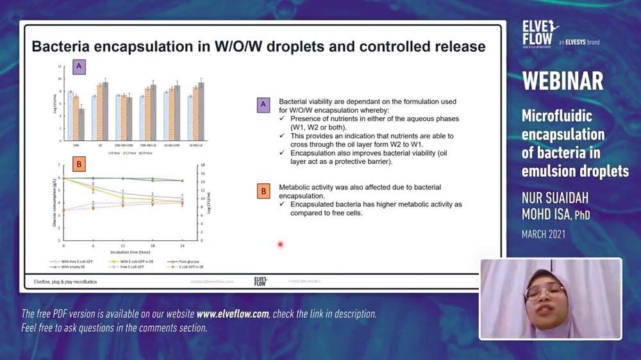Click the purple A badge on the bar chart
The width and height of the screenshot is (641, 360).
click(x=79, y=66)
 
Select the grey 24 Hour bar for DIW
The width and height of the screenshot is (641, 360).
click(x=81, y=124)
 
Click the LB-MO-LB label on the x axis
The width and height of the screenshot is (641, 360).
click(x=196, y=145)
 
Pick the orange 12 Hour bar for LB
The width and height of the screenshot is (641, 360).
click(x=99, y=112)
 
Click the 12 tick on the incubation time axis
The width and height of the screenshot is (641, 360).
click(x=123, y=246)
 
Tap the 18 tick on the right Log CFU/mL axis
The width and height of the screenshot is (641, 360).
click(x=202, y=165)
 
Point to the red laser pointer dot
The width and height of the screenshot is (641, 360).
click(x=280, y=244)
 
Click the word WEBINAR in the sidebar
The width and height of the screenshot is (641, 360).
click(x=562, y=81)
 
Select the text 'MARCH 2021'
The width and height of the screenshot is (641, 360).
click(x=544, y=234)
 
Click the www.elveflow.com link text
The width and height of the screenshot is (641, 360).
click(x=233, y=314)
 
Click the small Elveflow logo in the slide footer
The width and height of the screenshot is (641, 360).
click(x=260, y=281)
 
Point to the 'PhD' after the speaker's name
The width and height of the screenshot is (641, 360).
click(x=582, y=216)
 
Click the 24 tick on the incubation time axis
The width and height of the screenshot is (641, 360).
click(x=183, y=246)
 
